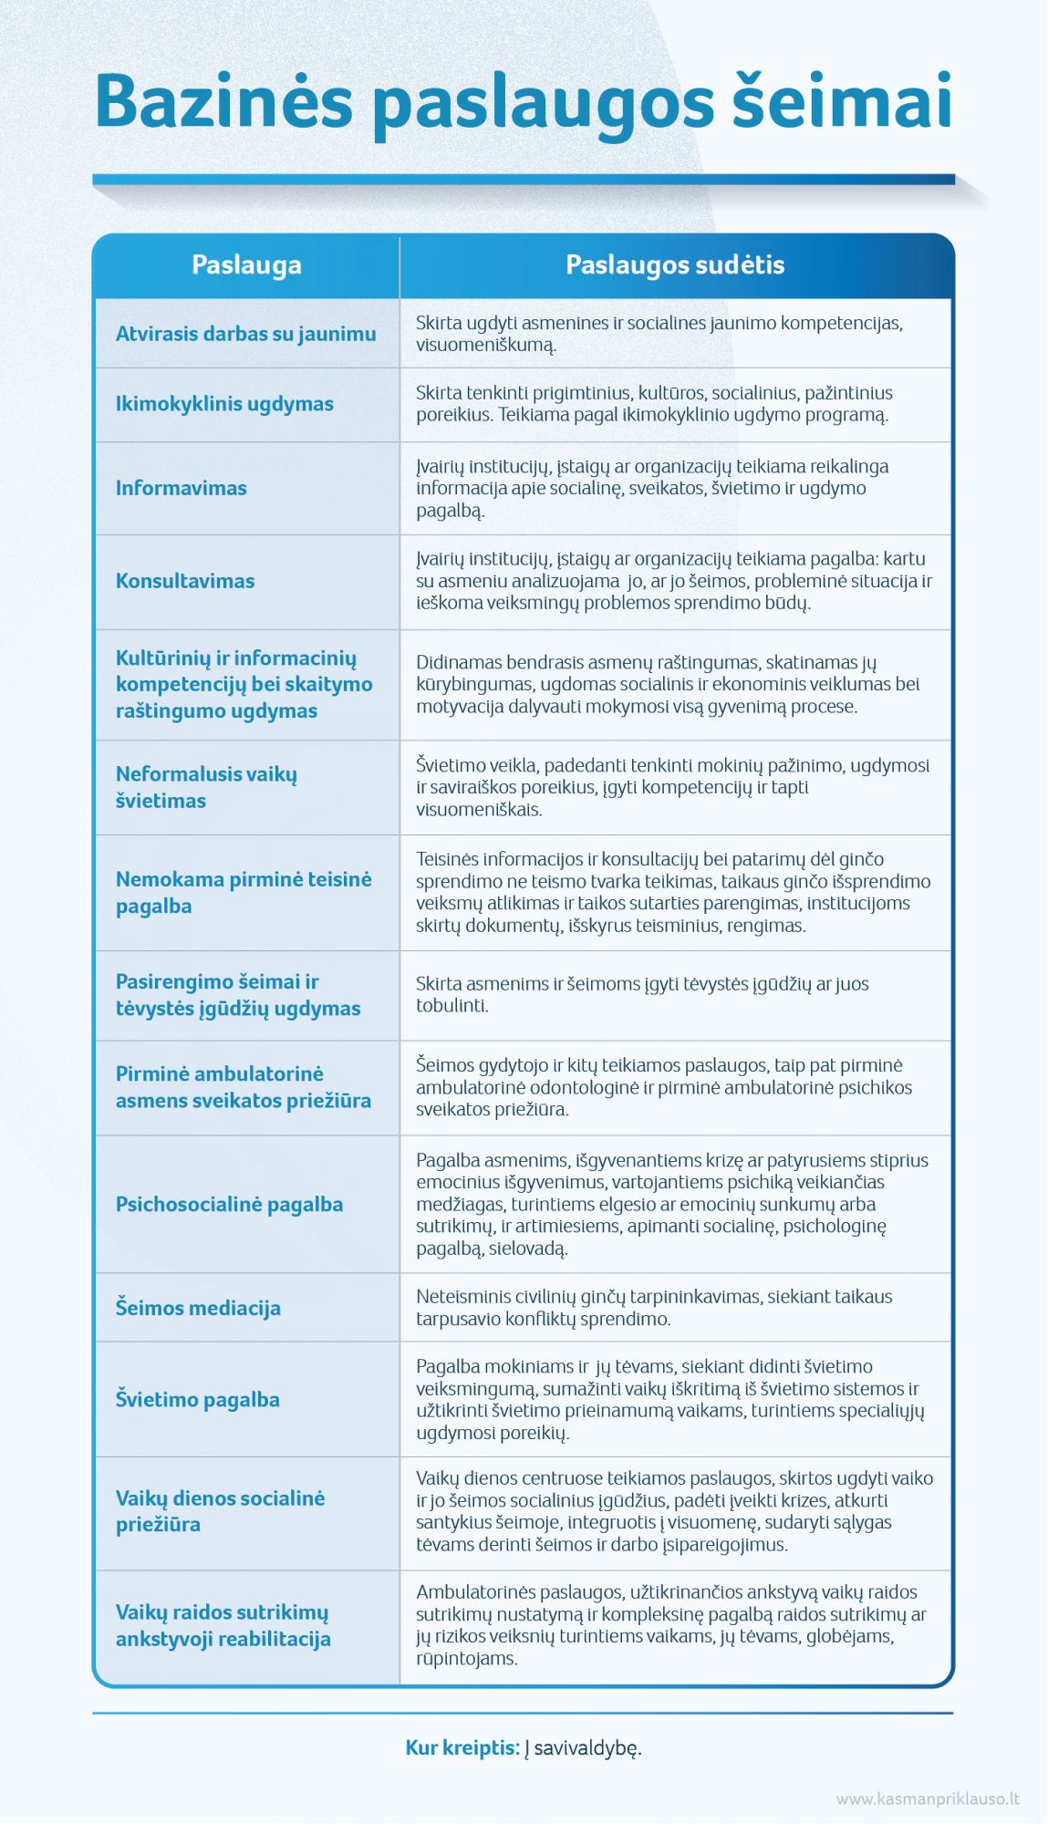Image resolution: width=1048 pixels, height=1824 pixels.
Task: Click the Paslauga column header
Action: (246, 265)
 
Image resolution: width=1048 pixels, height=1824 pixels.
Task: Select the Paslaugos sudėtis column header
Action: (675, 265)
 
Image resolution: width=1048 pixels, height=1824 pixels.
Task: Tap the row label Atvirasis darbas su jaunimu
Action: (245, 334)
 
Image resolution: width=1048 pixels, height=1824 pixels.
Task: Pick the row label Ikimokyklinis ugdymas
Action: (224, 404)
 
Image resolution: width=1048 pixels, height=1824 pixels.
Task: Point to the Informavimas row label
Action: (181, 488)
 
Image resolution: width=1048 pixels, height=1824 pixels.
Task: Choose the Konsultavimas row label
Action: (185, 581)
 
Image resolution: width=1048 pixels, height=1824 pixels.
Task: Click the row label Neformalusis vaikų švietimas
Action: (206, 787)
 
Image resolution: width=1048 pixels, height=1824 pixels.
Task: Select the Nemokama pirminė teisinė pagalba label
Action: (243, 893)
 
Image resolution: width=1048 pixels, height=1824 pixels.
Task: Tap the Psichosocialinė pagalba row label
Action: (229, 1205)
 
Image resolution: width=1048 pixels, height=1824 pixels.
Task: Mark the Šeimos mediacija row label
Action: (198, 1308)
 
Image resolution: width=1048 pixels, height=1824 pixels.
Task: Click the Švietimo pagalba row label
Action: (197, 1399)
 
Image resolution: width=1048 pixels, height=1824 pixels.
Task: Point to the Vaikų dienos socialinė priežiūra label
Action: (220, 1511)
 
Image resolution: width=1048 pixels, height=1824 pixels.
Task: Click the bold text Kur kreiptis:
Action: (462, 1748)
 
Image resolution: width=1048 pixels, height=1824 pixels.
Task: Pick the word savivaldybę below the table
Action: (587, 1748)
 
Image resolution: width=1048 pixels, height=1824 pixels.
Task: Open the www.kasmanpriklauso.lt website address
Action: (927, 1799)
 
